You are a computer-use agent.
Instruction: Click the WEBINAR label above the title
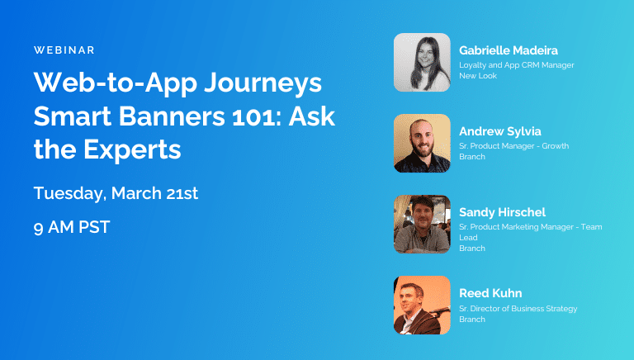point(64,50)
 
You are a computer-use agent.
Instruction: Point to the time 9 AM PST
point(72,227)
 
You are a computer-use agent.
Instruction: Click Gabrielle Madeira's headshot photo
point(422,62)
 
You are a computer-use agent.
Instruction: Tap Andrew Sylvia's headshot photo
point(422,143)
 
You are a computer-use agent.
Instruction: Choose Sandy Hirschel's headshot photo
point(422,224)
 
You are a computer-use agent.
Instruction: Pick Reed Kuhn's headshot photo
point(422,305)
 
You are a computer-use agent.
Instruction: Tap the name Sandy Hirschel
point(502,212)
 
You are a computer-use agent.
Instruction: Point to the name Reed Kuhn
point(491,293)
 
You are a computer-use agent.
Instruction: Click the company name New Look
point(476,75)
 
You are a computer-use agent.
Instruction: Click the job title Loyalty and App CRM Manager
point(516,64)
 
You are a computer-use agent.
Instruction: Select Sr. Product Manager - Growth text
point(513,145)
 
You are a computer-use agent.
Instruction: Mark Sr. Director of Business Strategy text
point(518,309)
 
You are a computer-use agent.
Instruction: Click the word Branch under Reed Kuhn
point(472,320)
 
